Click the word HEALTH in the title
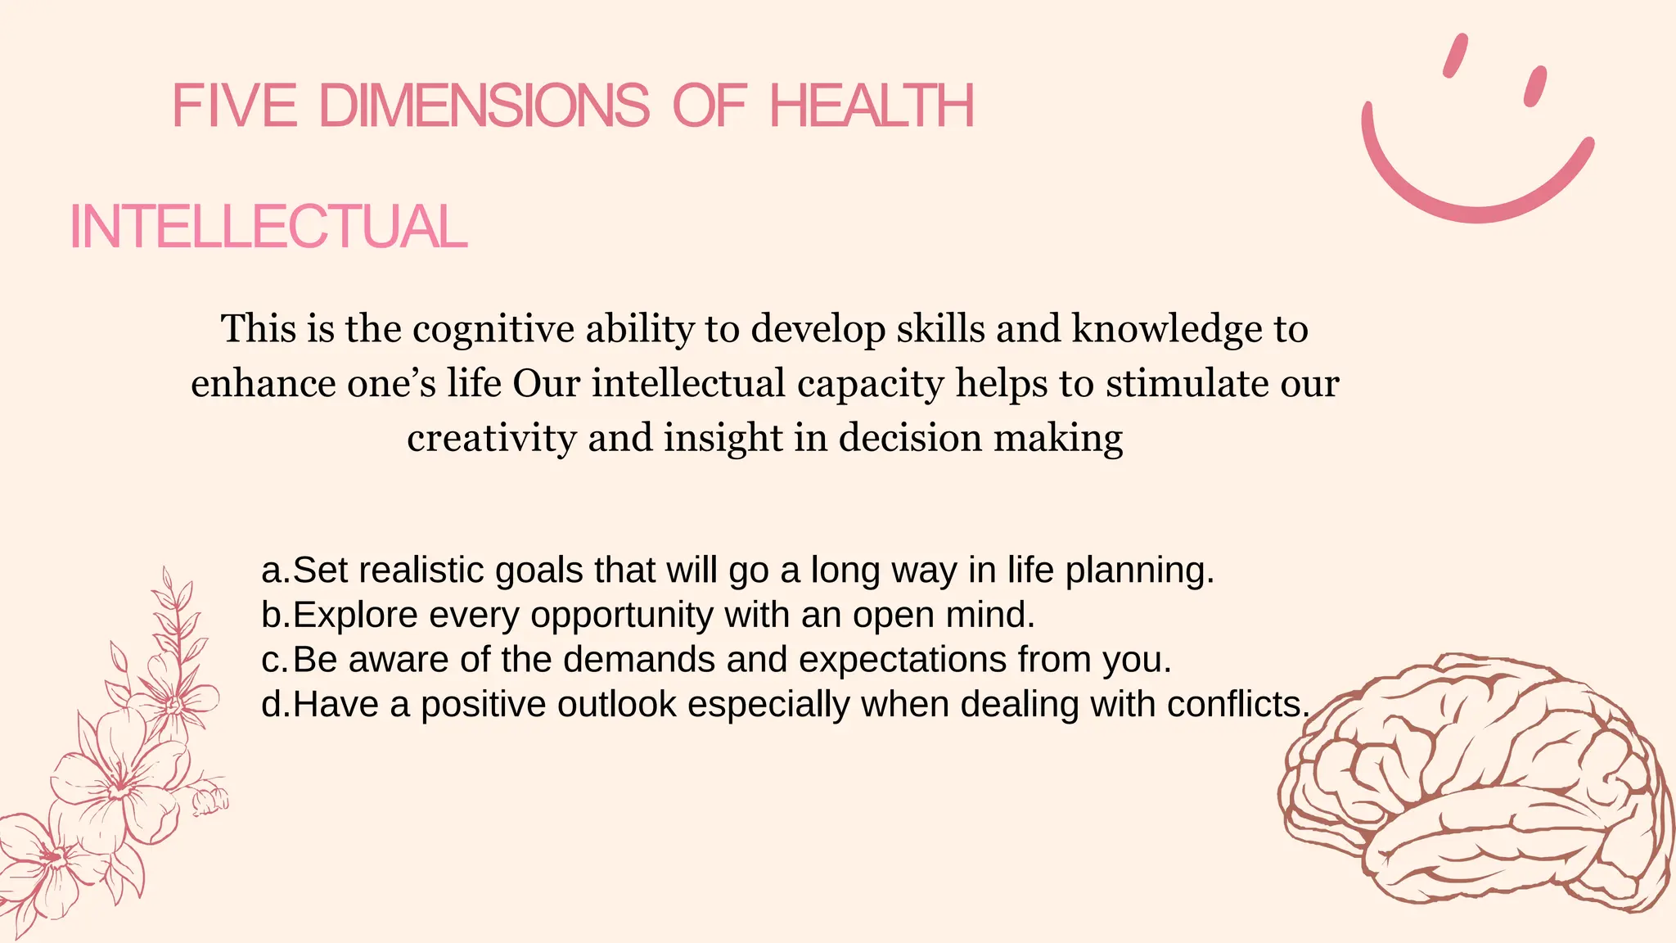pos(872,106)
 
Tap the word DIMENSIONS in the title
pos(484,106)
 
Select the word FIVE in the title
pos(235,106)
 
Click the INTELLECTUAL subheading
pos(268,227)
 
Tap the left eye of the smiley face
pos(1456,56)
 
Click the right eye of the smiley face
pos(1534,86)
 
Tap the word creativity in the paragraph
pos(492,438)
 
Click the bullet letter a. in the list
pos(275,571)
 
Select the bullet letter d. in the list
pos(275,705)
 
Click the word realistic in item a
pos(412,571)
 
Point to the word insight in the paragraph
pos(723,438)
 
